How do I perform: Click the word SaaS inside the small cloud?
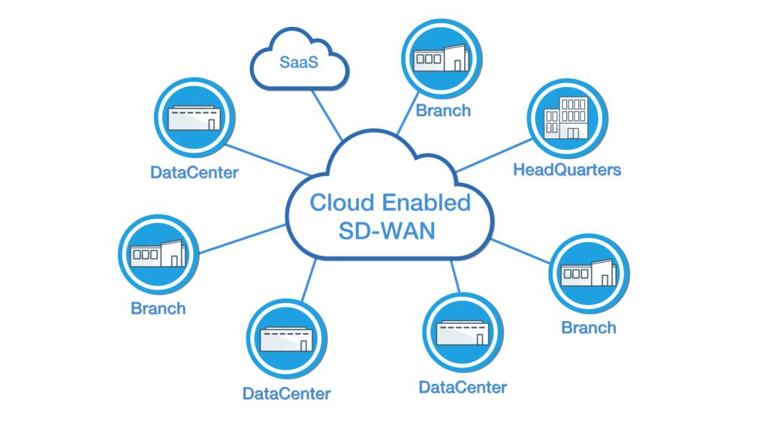(299, 63)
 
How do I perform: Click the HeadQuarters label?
(567, 169)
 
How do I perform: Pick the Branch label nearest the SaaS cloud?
(443, 111)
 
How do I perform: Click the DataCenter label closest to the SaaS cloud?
(194, 173)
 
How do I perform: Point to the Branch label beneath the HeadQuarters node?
(589, 328)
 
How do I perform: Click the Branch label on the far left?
(158, 308)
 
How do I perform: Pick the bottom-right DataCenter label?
(463, 388)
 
